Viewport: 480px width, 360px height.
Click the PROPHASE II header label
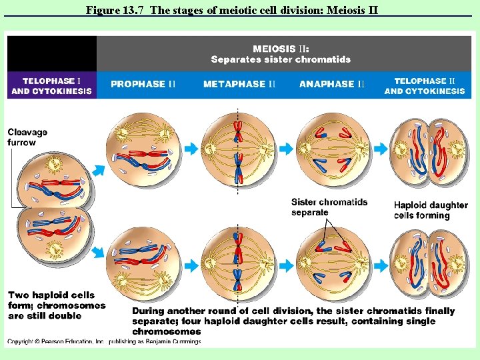click(143, 84)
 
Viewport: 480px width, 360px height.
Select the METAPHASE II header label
click(239, 84)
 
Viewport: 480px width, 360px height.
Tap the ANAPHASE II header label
click(332, 84)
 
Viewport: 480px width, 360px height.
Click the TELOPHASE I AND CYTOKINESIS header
click(51, 86)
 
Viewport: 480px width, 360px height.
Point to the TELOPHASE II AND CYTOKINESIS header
click(425, 86)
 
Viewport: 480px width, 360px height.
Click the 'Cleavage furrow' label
click(27, 137)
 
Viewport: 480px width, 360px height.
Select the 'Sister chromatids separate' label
click(329, 207)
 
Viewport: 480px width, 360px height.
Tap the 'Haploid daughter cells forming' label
click(431, 210)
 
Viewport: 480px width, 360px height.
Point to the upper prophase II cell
click(143, 149)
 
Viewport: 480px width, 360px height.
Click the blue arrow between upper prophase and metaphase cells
click(191, 149)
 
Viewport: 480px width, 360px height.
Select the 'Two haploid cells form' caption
click(56, 305)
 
